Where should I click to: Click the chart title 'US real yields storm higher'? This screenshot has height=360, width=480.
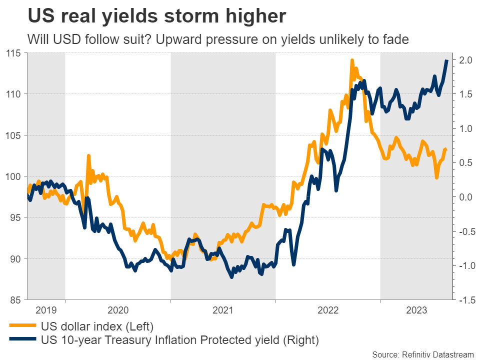pyautogui.click(x=157, y=16)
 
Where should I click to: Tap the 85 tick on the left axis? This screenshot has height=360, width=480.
pyautogui.click(x=15, y=300)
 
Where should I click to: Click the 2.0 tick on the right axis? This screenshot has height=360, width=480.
pyautogui.click(x=465, y=60)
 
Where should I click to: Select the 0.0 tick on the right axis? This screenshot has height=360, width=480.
pyautogui.click(x=465, y=197)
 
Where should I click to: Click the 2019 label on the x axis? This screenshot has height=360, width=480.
pyautogui.click(x=45, y=310)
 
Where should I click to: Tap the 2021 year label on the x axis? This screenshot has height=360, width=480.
pyautogui.click(x=223, y=310)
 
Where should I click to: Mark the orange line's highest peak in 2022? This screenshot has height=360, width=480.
pyautogui.click(x=352, y=60)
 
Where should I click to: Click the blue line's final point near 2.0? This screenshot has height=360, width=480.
pyautogui.click(x=446, y=60)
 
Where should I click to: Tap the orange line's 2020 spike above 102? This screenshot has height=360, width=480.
pyautogui.click(x=88, y=156)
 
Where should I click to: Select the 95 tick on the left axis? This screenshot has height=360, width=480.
pyautogui.click(x=15, y=217)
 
